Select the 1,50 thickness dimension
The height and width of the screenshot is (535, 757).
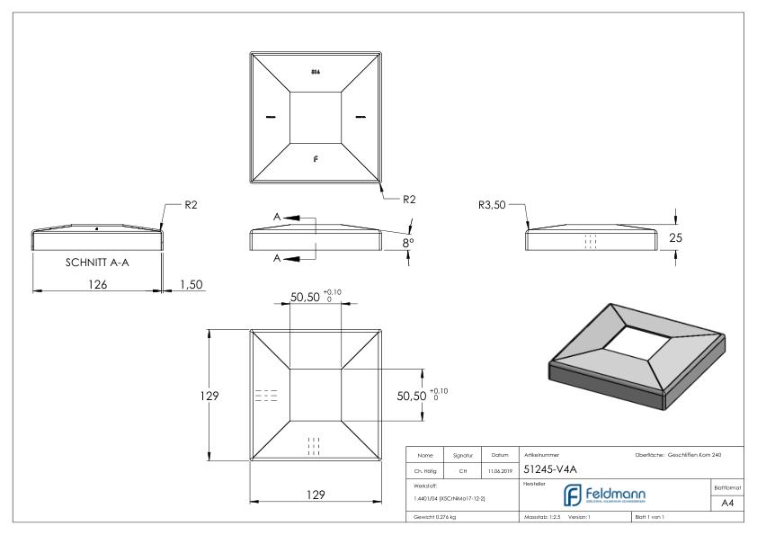[x=191, y=284]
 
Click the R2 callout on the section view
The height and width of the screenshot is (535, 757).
[x=191, y=205]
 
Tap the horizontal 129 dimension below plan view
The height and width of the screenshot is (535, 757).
[x=312, y=494]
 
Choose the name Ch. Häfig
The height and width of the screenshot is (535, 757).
[x=425, y=469]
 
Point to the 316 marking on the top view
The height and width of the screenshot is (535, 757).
[x=314, y=71]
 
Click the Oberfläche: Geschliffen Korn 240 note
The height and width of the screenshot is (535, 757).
[x=682, y=455]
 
